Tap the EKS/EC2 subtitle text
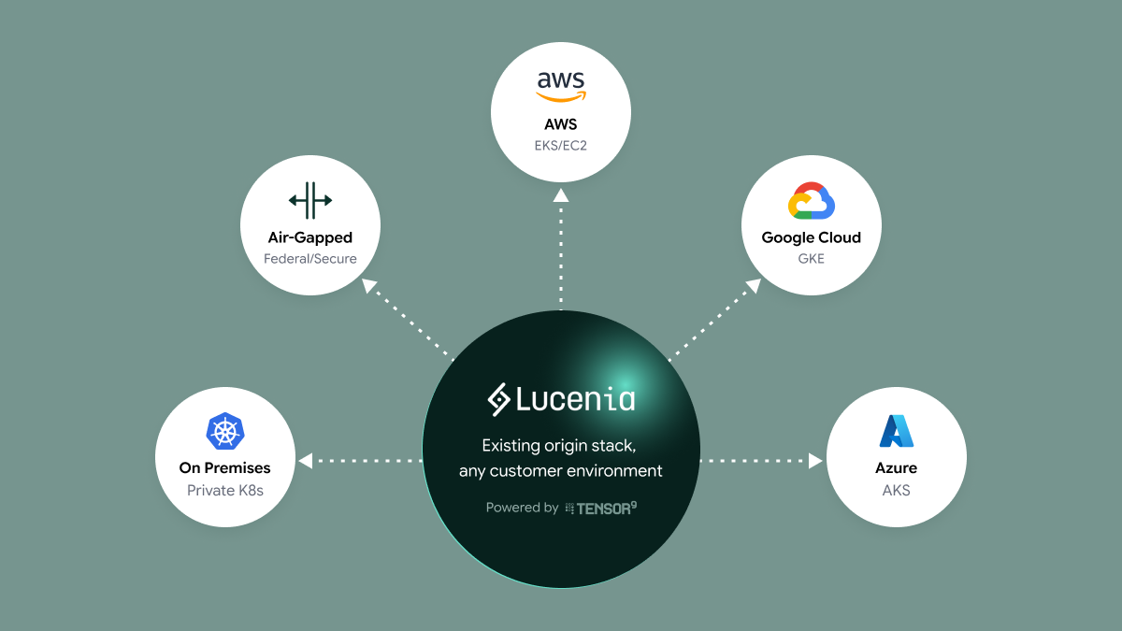pos(561,145)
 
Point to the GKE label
pos(811,258)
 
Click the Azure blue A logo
pos(896,430)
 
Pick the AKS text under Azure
pos(896,490)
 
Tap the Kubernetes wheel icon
pos(224,431)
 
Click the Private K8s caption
pos(224,490)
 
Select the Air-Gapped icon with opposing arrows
pos(310,200)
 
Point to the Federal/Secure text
pos(310,258)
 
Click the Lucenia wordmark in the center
pos(575,400)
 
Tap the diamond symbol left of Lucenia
pos(498,400)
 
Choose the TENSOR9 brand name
pos(606,508)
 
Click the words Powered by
pos(522,508)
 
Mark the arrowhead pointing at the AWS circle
pos(561,194)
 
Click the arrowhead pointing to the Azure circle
pos(815,460)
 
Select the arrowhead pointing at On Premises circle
pos(305,460)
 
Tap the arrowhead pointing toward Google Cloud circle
pos(753,286)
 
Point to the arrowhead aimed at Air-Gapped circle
pos(369,286)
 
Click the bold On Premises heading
pos(224,467)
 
